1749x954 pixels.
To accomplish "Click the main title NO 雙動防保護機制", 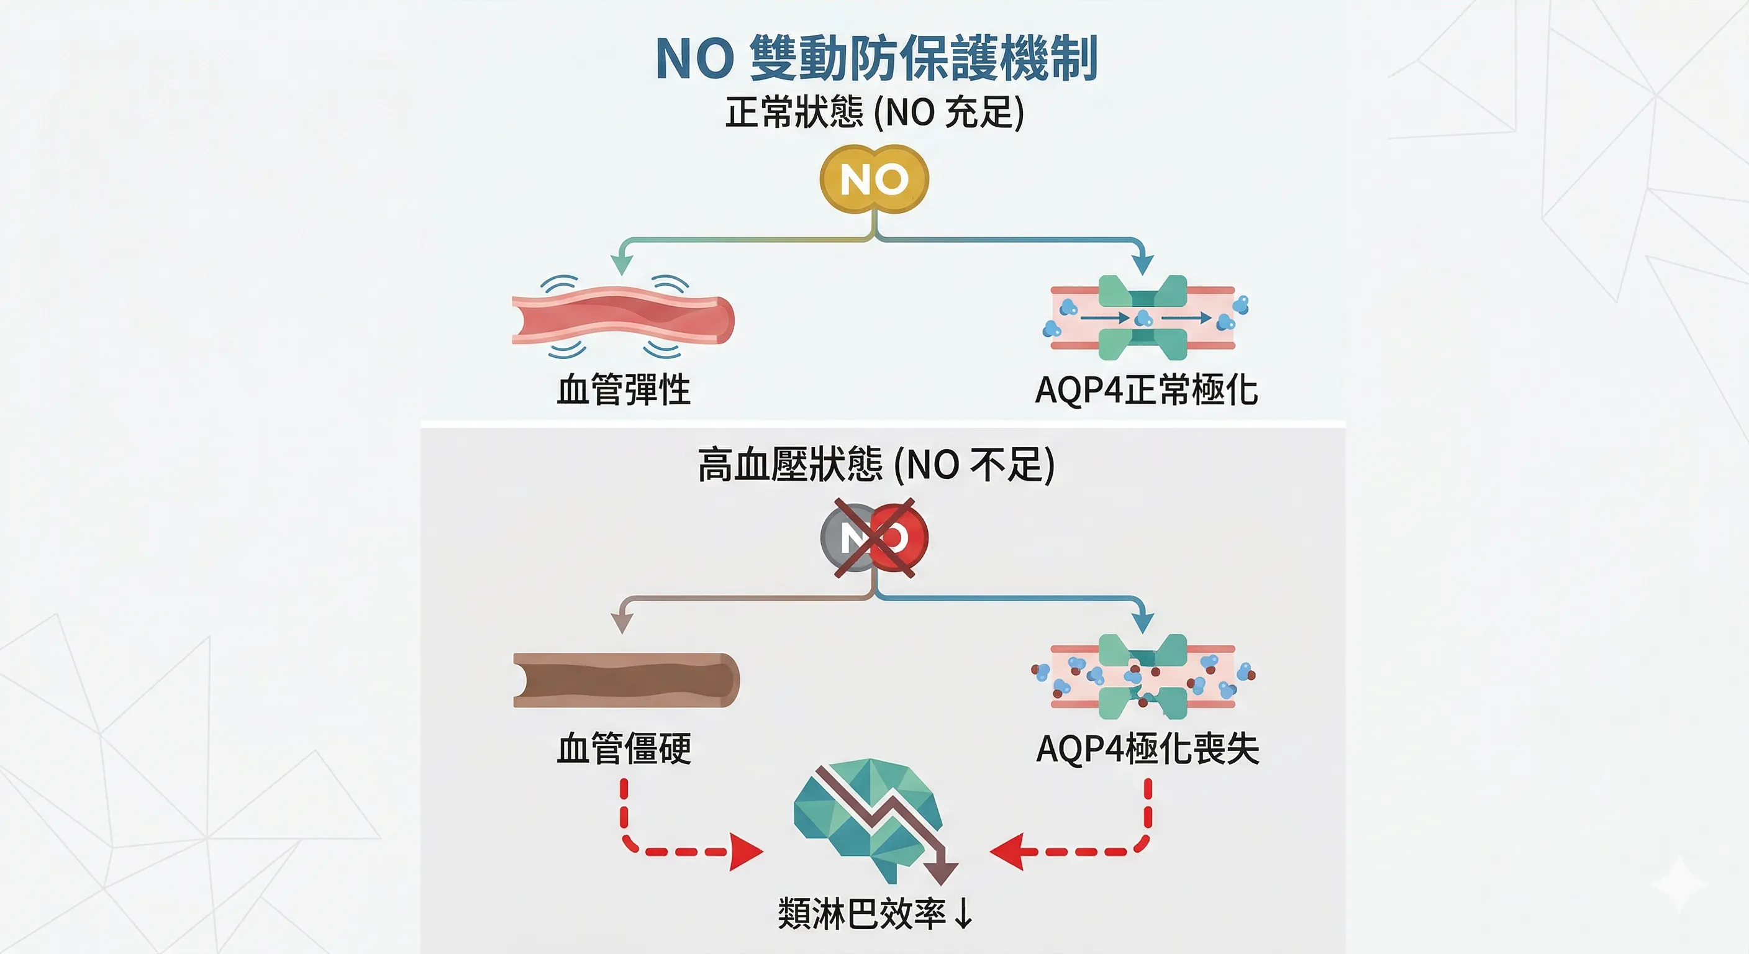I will pyautogui.click(x=876, y=58).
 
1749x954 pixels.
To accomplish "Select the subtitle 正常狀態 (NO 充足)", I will pyautogui.click(x=874, y=112).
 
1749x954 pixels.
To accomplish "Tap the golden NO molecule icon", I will pyautogui.click(x=874, y=179).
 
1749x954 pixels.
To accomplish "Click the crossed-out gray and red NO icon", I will pyautogui.click(x=874, y=538).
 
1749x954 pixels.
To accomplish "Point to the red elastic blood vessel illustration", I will pyautogui.click(x=622, y=318).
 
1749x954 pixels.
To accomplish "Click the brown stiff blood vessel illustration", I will pyautogui.click(x=625, y=680).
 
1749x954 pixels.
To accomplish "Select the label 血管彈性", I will pyautogui.click(x=624, y=391).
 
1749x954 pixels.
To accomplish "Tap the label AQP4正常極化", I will pyautogui.click(x=1146, y=391).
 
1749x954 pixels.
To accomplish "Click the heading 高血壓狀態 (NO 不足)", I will pyautogui.click(x=876, y=465).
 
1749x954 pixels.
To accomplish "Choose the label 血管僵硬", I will pyautogui.click(x=624, y=749).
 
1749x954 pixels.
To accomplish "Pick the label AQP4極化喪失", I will pyautogui.click(x=1147, y=749).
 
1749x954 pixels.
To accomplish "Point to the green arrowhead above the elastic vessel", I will pyautogui.click(x=621, y=264).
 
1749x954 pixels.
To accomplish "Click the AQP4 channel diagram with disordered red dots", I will pyautogui.click(x=1143, y=676).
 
